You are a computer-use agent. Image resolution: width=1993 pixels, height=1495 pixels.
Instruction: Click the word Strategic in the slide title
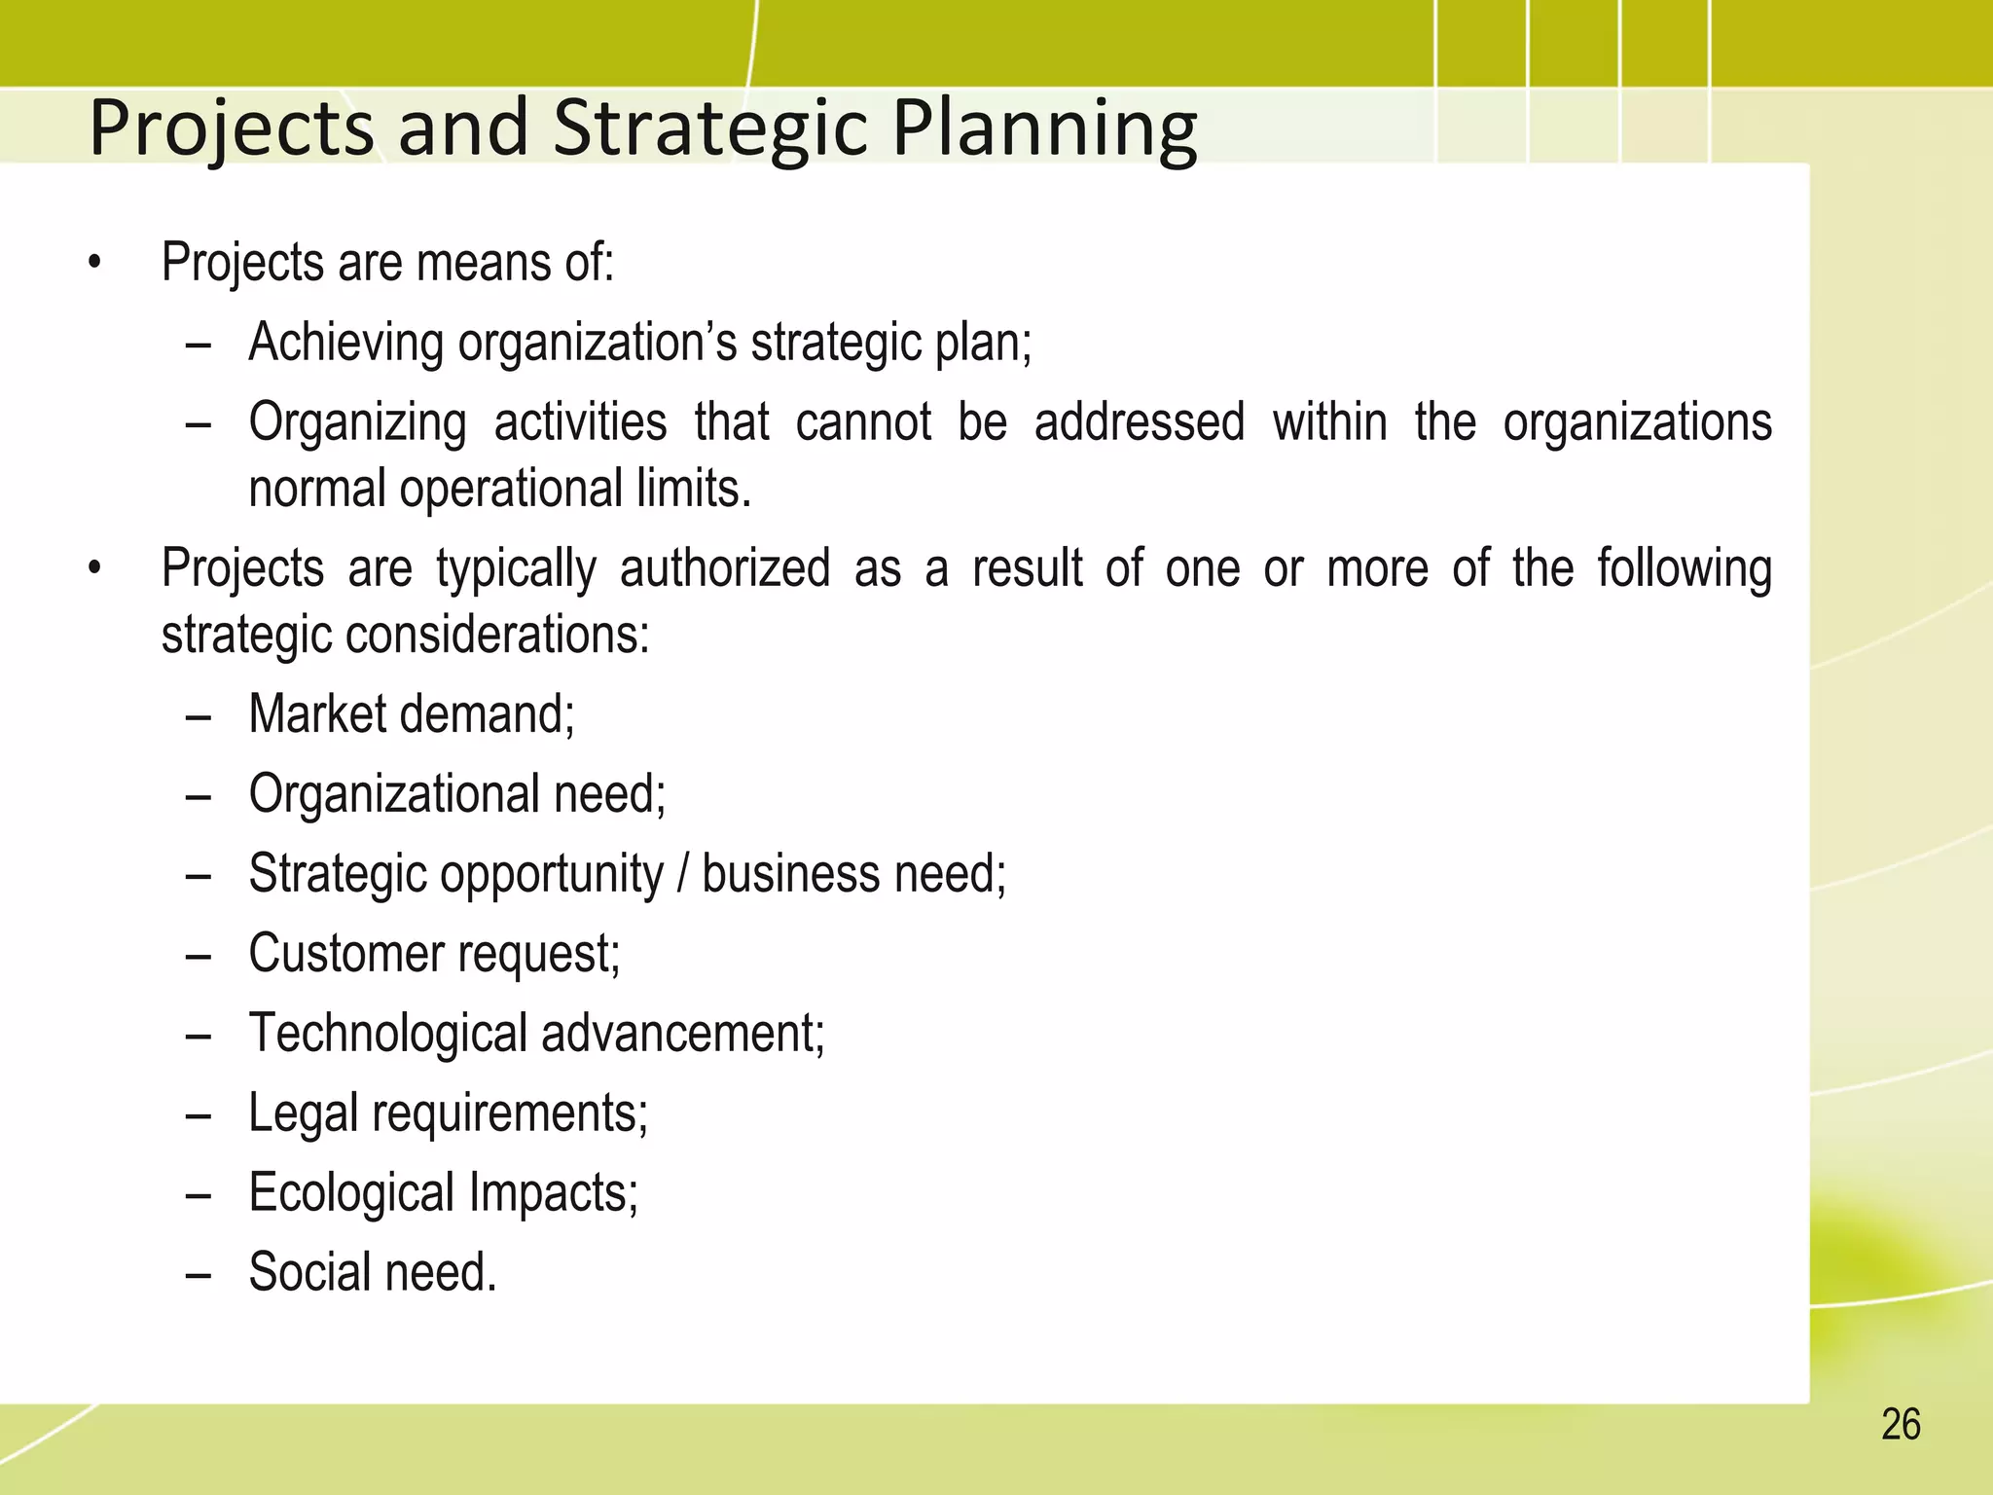709,128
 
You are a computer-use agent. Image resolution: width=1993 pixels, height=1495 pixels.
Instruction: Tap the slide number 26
1901,1425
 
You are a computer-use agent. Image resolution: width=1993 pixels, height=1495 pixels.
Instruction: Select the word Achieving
346,343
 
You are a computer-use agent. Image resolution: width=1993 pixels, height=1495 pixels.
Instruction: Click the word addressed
1140,422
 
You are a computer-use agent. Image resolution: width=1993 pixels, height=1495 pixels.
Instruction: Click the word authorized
725,568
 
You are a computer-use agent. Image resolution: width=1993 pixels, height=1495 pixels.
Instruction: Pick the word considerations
497,635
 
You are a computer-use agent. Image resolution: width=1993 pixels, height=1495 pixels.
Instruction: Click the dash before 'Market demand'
198,716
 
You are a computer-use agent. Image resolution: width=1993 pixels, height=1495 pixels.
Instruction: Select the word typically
516,570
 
